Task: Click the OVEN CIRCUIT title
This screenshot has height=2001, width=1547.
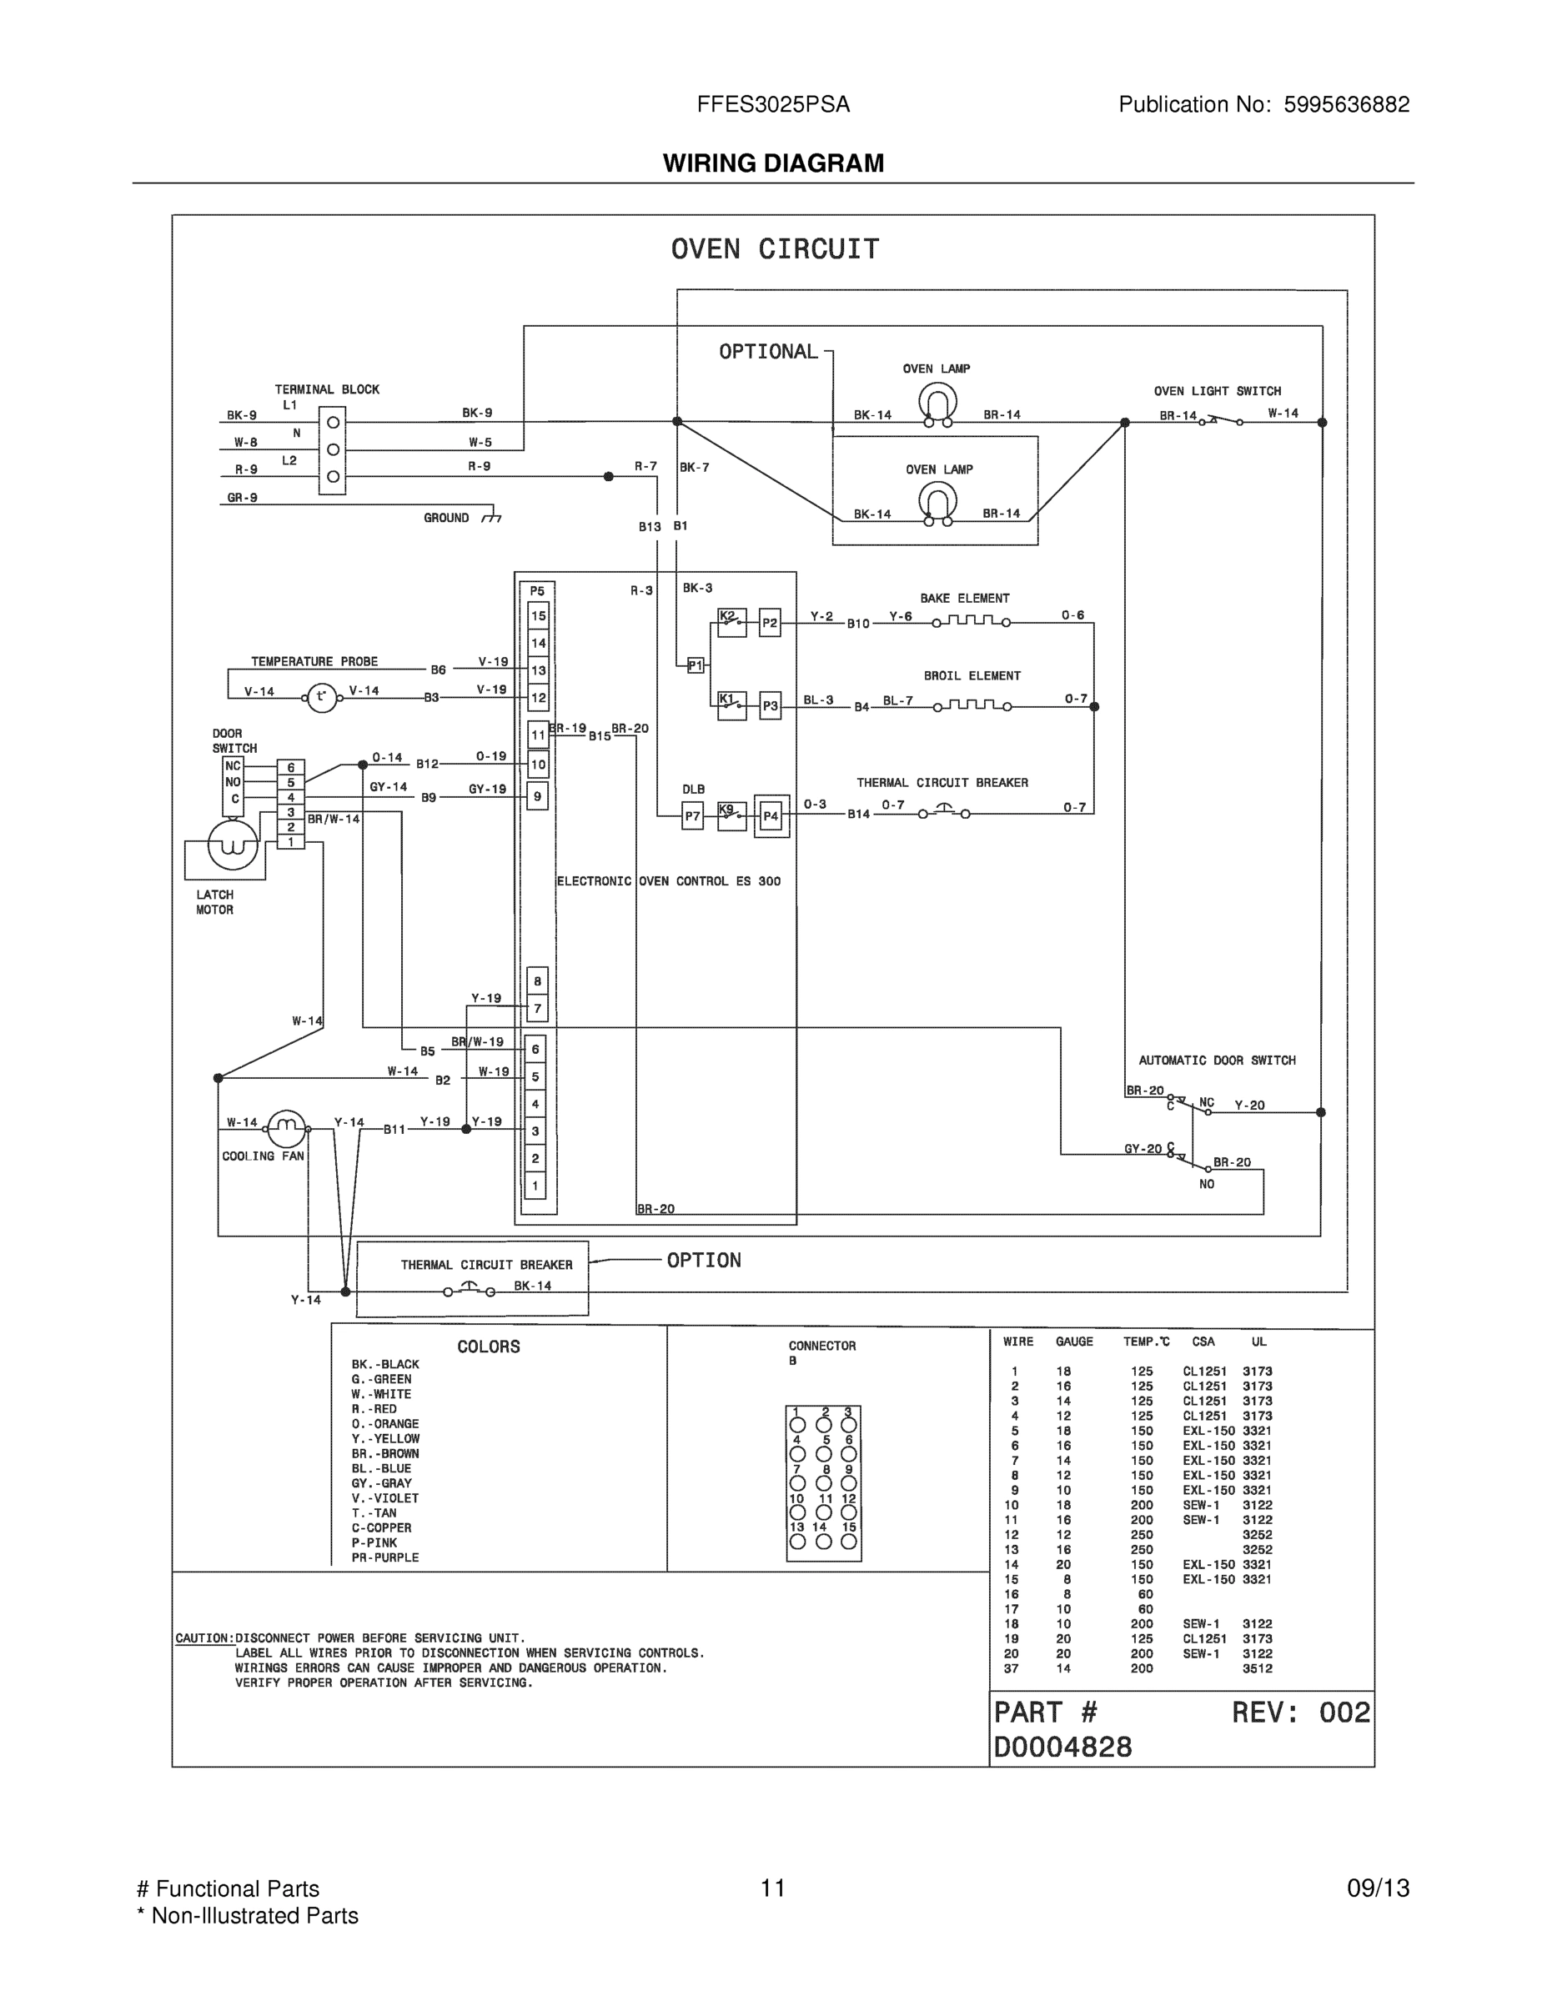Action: [775, 249]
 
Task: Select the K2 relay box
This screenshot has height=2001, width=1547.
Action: [731, 622]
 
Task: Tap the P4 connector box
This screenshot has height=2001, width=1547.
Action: [771, 815]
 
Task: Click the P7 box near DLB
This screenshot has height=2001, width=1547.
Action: [693, 815]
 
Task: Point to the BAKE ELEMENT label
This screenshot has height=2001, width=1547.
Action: [964, 599]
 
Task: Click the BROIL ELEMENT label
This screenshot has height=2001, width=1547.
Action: [972, 676]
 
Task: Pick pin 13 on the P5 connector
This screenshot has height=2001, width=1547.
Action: [538, 670]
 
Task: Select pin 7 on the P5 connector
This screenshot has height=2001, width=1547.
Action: [538, 1009]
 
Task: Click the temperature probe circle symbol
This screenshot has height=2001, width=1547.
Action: [321, 698]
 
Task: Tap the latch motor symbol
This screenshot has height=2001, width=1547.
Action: [233, 845]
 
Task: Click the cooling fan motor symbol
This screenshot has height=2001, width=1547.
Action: [286, 1129]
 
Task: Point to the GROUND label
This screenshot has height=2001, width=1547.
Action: [446, 518]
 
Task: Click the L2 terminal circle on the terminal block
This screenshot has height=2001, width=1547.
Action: [334, 476]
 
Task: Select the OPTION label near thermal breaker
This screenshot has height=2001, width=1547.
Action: [704, 1261]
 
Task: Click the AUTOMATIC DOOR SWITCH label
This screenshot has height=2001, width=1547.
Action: [1216, 1060]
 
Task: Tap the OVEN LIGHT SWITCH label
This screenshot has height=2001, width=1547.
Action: [1217, 391]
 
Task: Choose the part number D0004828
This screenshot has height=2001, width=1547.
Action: [1063, 1748]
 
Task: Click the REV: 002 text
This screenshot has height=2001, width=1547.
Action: [1300, 1713]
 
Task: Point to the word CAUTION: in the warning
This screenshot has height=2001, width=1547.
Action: [204, 1638]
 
